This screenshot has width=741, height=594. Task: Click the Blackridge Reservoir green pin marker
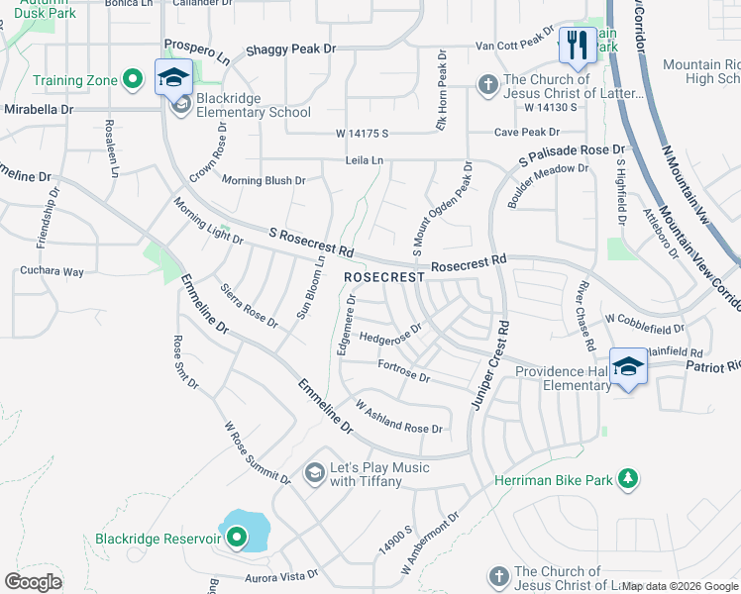(237, 539)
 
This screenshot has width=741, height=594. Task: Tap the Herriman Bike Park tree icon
(627, 479)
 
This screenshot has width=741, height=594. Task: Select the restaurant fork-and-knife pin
(576, 46)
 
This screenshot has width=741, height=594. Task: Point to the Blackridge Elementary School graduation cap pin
(173, 77)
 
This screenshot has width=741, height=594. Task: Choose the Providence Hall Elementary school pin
(627, 367)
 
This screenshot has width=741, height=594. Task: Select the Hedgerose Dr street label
(390, 333)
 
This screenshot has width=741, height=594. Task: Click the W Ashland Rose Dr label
(398, 416)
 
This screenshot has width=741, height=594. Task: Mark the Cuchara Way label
(53, 270)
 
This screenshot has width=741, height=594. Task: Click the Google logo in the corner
(34, 581)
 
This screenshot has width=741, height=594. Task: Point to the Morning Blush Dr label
(264, 180)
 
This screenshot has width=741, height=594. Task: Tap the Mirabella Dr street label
(39, 110)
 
